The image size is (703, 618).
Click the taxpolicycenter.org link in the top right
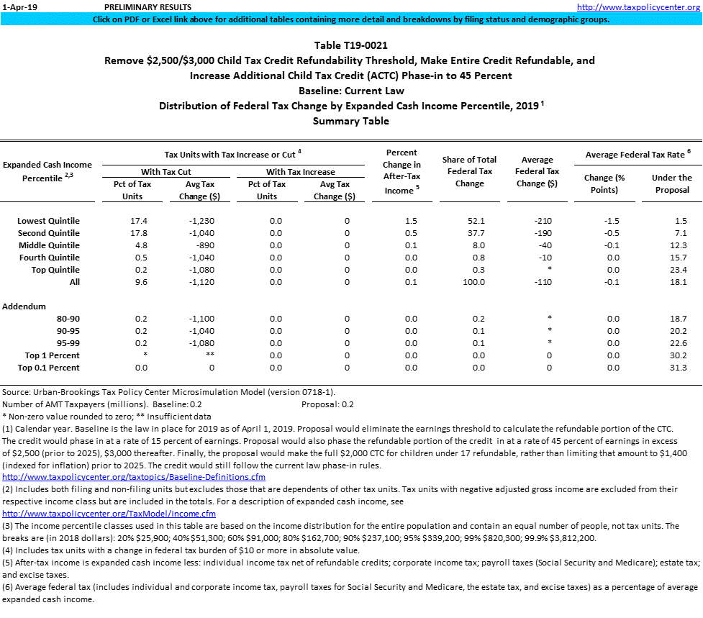coord(638,6)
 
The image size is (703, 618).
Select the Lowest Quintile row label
coord(49,220)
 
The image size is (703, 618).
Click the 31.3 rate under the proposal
coord(678,368)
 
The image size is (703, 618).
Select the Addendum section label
coord(24,306)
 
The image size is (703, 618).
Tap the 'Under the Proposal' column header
coord(671,183)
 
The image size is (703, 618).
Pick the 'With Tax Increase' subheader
coord(300,172)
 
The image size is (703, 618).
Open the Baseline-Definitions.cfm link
coord(134,477)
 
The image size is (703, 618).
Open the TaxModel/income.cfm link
coord(109,514)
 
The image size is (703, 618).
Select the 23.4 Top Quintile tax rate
coord(678,270)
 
